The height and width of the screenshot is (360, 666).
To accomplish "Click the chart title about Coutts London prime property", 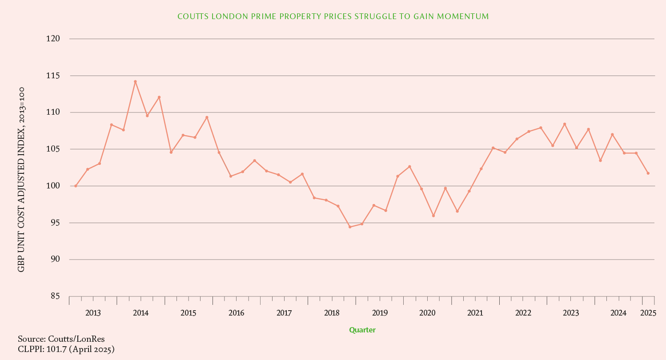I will click(x=333, y=16).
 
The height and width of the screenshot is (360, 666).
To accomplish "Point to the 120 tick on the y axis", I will click(x=53, y=39).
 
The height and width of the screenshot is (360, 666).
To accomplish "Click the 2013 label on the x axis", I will click(x=93, y=313).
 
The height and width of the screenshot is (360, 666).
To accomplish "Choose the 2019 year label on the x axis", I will click(x=380, y=313).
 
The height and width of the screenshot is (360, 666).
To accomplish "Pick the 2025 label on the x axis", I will click(x=648, y=313).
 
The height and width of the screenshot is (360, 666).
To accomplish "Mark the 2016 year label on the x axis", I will click(x=236, y=313).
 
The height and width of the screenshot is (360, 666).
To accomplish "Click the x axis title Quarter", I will click(x=362, y=330).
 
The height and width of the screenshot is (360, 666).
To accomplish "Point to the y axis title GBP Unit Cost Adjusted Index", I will click(x=21, y=180).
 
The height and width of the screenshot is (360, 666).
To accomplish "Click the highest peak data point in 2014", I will click(x=135, y=82).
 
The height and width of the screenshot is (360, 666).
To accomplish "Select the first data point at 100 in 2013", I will click(x=76, y=186).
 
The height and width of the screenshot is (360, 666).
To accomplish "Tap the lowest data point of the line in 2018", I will click(x=350, y=227).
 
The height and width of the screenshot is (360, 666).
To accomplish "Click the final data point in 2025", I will click(x=648, y=173).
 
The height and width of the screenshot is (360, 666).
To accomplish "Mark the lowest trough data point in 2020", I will click(x=433, y=216).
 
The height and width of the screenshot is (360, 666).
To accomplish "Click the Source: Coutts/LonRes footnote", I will click(x=61, y=340).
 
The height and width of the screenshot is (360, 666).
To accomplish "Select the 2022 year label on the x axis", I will click(x=523, y=313).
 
